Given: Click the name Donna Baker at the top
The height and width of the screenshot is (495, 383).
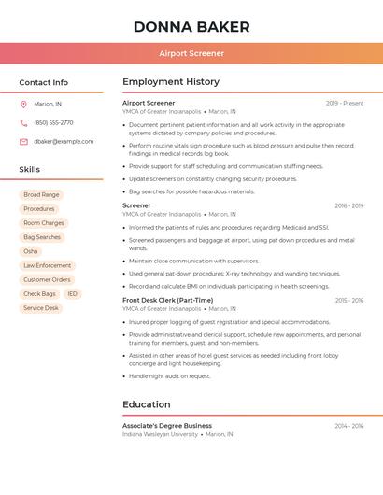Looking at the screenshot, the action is [191, 26].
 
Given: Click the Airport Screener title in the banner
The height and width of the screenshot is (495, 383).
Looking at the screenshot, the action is [191, 53].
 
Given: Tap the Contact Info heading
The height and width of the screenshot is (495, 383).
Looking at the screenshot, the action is [44, 82].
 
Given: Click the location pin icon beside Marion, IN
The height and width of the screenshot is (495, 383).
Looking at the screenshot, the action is [23, 105].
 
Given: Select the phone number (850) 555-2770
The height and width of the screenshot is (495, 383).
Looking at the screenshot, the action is [53, 122].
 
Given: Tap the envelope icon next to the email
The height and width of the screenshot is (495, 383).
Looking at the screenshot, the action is [23, 142].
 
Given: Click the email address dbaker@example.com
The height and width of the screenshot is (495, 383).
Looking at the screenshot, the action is [64, 142].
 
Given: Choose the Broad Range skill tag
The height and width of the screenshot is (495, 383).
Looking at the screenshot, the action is [41, 194].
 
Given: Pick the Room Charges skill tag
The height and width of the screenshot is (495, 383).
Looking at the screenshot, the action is [44, 223].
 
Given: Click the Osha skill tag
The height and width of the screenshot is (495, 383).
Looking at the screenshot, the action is [31, 251].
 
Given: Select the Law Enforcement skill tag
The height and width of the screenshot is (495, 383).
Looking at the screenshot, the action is [47, 265].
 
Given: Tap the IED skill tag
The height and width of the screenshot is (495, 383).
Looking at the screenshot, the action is [73, 293].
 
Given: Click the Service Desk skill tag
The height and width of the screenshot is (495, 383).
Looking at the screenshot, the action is [41, 307].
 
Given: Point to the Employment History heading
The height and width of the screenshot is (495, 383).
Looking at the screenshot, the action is [171, 82].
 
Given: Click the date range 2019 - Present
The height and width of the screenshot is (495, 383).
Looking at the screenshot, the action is [345, 103].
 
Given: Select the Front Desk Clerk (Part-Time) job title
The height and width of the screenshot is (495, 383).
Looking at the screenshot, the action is [167, 300].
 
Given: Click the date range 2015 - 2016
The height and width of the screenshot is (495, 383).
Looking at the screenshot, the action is [348, 300].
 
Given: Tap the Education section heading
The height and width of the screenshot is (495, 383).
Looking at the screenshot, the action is [146, 404].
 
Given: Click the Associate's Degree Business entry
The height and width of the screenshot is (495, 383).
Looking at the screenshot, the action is [167, 425].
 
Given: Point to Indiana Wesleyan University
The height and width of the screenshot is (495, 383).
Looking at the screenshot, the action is [161, 434].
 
